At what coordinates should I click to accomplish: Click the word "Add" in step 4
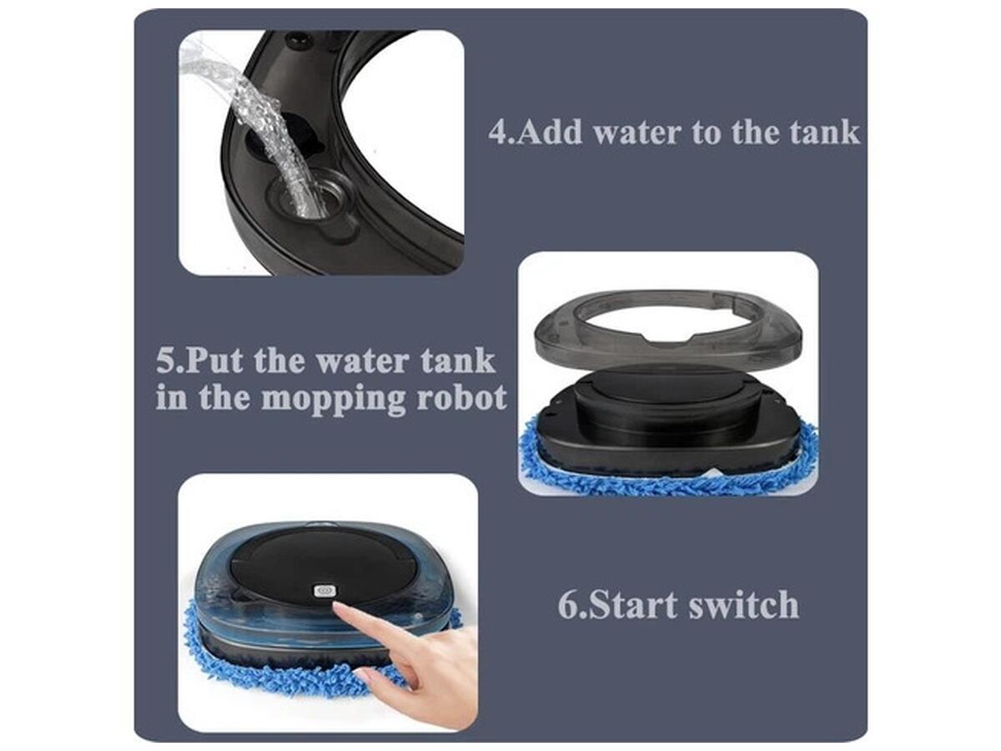pyautogui.click(x=550, y=132)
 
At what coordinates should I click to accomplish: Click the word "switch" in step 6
pyautogui.click(x=744, y=605)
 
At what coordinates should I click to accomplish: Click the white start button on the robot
pyautogui.click(x=325, y=591)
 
